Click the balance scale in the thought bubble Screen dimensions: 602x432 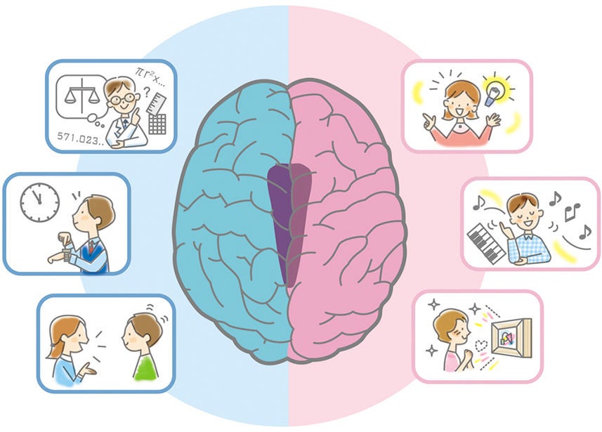pyautogui.click(x=81, y=96)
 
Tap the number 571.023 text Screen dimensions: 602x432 pyautogui.click(x=81, y=138)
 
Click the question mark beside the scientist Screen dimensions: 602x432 pyautogui.click(x=147, y=92)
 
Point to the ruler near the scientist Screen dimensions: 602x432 pyautogui.click(x=156, y=103)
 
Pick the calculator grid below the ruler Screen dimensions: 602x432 pyautogui.click(x=157, y=124)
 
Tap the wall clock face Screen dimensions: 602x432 pyautogui.click(x=40, y=202)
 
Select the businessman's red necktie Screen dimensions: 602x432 pyautogui.click(x=91, y=246)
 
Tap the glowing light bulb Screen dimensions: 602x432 pyautogui.click(x=496, y=93)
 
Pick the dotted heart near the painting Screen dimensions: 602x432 pyautogui.click(x=480, y=346)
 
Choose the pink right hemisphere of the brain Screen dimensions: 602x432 pyautogui.click(x=346, y=223)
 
